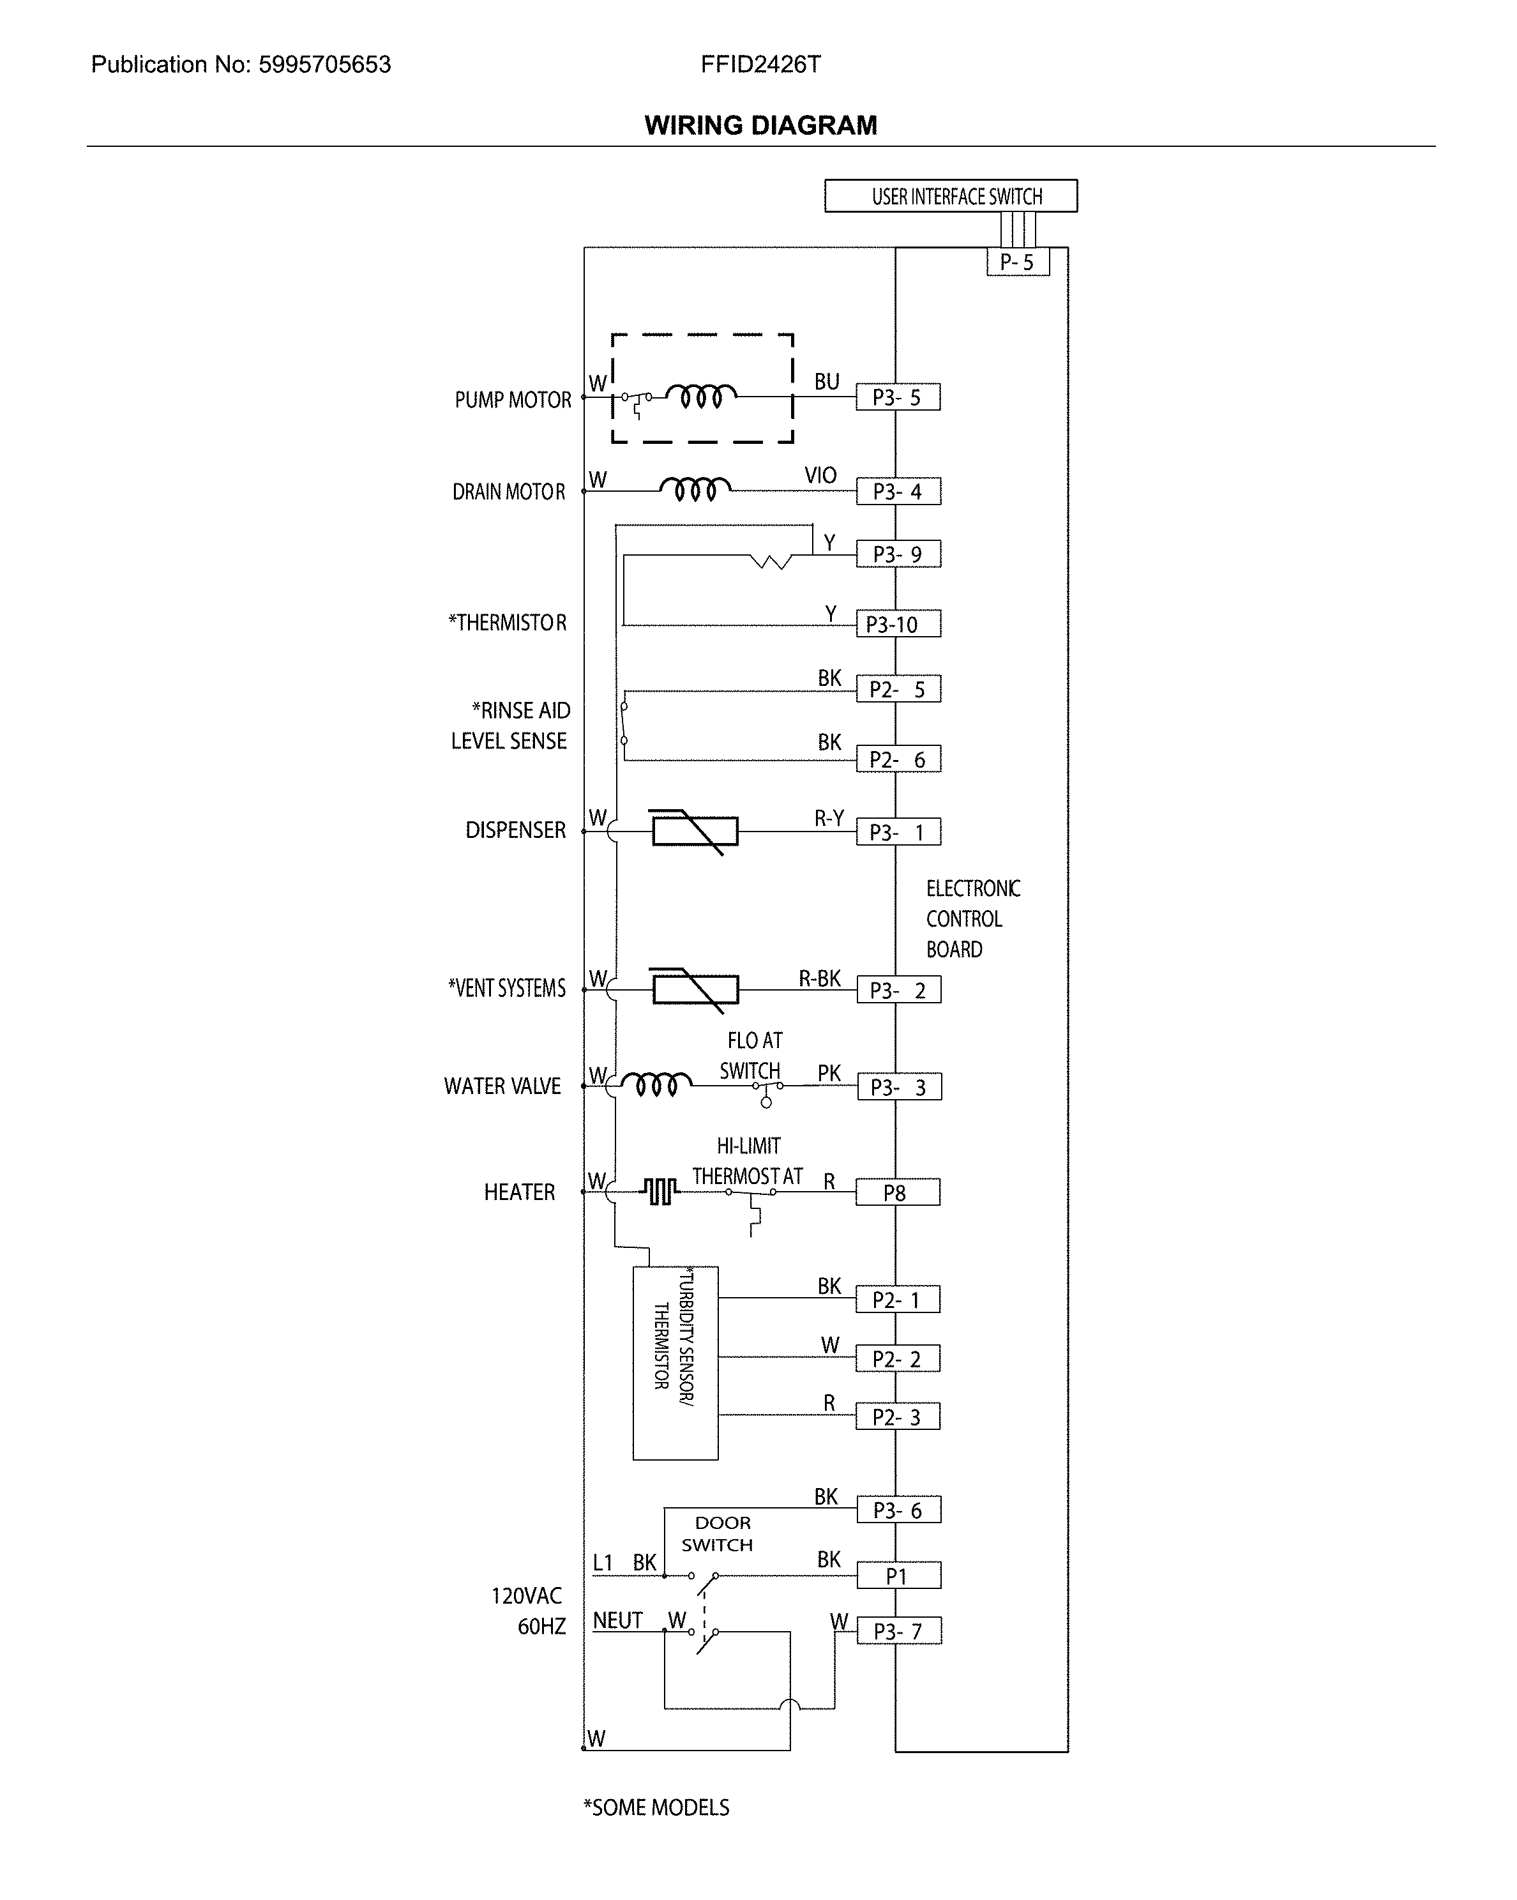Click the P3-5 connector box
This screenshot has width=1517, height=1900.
click(898, 397)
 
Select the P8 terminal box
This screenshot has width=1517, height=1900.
click(898, 1192)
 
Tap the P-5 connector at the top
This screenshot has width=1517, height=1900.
click(1018, 262)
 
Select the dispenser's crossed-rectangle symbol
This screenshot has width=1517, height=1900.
click(694, 831)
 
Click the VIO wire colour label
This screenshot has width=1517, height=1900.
click(820, 476)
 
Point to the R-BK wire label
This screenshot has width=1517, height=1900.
click(819, 979)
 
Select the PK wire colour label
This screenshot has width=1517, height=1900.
click(829, 1074)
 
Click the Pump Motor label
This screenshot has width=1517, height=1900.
click(513, 400)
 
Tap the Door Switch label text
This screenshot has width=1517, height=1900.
click(719, 1534)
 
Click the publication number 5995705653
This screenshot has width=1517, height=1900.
click(324, 65)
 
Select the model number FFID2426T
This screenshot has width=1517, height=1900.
click(760, 65)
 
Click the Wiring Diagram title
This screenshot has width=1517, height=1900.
click(760, 125)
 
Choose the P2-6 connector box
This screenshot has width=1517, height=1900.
click(898, 759)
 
